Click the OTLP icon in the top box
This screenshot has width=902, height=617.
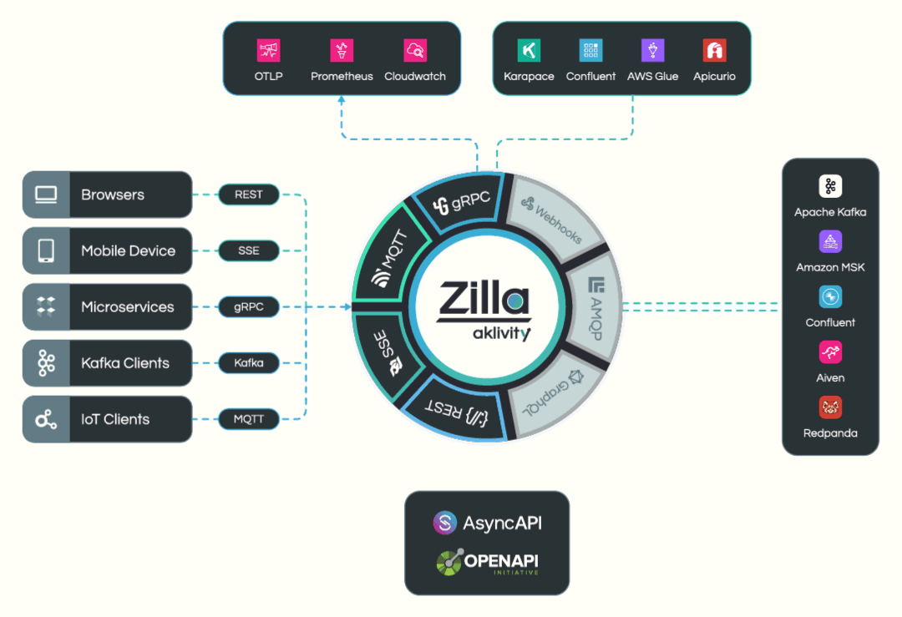(x=268, y=50)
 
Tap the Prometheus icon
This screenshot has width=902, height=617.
(x=342, y=50)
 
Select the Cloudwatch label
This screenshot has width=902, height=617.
(x=415, y=76)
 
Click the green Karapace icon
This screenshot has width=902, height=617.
(x=529, y=50)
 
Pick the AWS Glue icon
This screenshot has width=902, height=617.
(x=652, y=50)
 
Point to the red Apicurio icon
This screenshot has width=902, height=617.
(x=714, y=50)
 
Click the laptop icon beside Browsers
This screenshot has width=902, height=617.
(x=46, y=195)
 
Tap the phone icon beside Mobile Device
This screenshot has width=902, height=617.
(x=46, y=250)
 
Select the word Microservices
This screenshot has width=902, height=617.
(x=128, y=307)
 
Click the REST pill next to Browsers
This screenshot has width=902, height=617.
(x=249, y=195)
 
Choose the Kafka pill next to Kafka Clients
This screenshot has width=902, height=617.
(x=249, y=363)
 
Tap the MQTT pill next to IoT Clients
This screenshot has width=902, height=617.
(x=249, y=419)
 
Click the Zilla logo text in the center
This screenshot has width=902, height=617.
(x=484, y=299)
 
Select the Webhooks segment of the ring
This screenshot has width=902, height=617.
(x=555, y=219)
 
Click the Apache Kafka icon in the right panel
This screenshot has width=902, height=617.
(x=830, y=186)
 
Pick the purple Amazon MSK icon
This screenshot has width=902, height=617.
(x=830, y=241)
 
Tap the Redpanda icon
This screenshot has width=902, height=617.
(x=830, y=407)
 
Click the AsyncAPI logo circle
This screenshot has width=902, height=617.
(x=444, y=523)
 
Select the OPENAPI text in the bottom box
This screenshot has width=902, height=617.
(x=501, y=560)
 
